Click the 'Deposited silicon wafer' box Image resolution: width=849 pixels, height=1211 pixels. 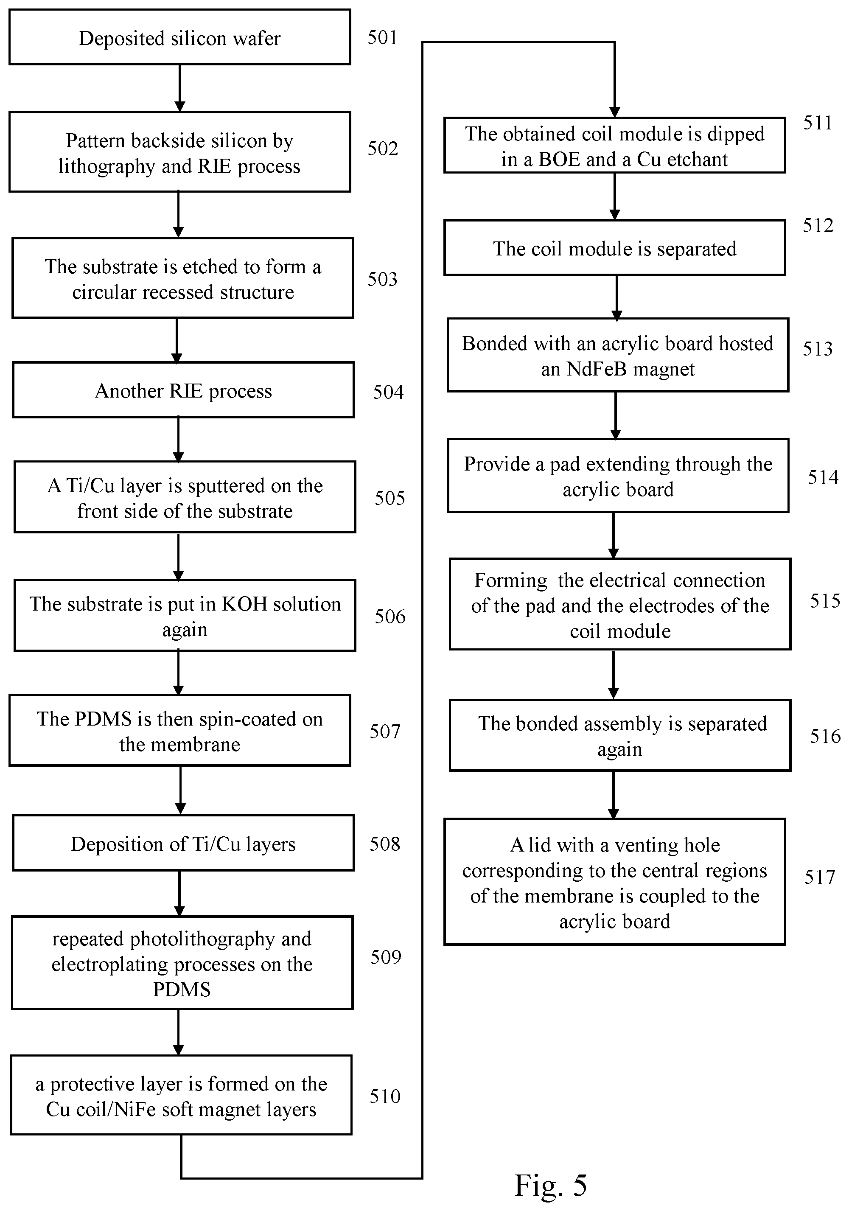(x=180, y=37)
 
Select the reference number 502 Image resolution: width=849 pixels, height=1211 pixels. (x=383, y=149)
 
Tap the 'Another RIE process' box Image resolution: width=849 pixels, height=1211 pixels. (x=183, y=390)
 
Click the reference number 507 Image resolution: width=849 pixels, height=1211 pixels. (x=385, y=732)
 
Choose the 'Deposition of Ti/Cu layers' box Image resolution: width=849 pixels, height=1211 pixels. (x=183, y=844)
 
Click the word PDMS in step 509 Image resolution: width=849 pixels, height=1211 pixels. (x=182, y=990)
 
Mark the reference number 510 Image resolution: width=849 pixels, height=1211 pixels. (x=385, y=1096)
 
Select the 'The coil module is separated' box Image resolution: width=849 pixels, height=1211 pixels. (x=614, y=248)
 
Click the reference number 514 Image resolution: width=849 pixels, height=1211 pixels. (x=823, y=477)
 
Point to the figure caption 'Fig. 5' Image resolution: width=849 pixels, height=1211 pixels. (x=551, y=1185)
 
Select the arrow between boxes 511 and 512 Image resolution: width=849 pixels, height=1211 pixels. (x=614, y=196)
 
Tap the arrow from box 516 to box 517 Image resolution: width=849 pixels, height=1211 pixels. (x=613, y=795)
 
